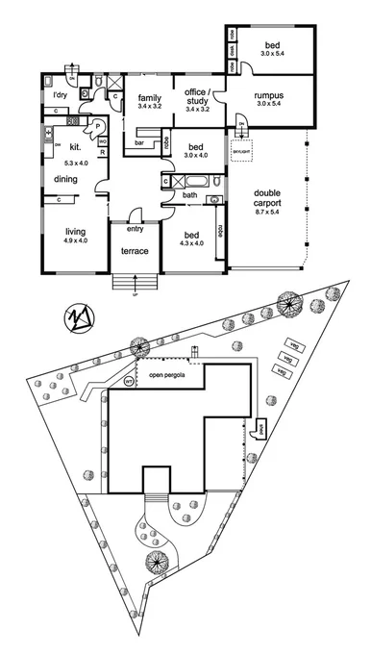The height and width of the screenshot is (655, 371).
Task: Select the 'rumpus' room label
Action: (x=268, y=96)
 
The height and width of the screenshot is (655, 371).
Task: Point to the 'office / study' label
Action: (x=196, y=96)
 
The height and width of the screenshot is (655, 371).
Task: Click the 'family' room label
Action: (x=148, y=98)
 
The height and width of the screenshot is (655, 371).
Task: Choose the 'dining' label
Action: (x=65, y=180)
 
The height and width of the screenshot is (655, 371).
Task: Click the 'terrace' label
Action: (x=134, y=251)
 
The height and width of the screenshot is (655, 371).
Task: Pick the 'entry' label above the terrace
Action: (x=135, y=228)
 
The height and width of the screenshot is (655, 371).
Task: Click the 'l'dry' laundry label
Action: (x=60, y=94)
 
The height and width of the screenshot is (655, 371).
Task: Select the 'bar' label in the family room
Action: (x=139, y=143)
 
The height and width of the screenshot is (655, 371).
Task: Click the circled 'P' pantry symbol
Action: (x=97, y=126)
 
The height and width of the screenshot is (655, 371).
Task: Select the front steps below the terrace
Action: (x=134, y=283)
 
